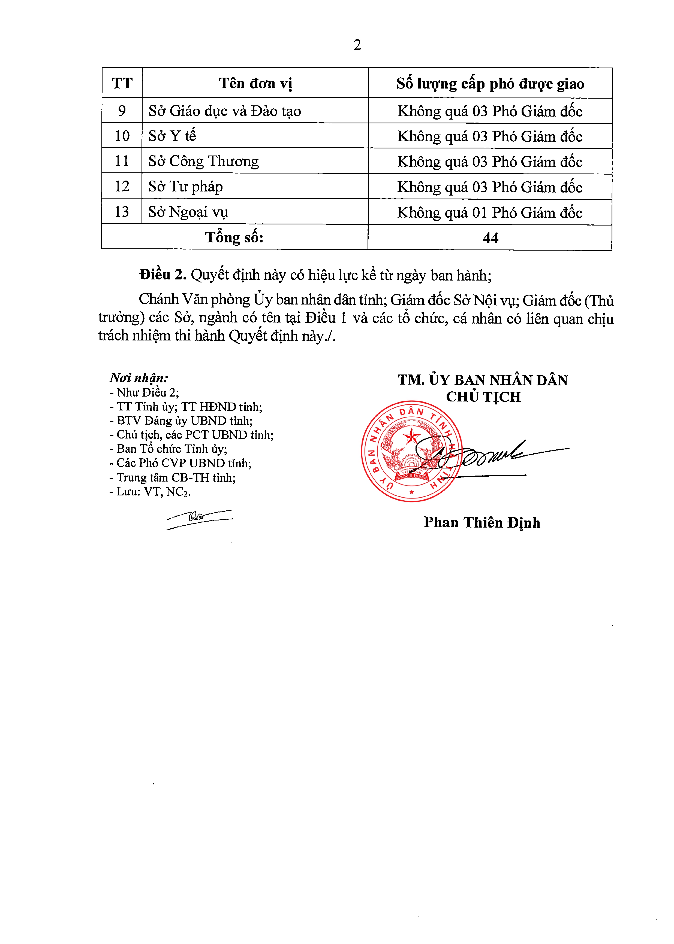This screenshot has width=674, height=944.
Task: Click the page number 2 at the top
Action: coord(357,45)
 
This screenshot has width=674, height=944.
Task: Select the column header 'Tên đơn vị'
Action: coord(255,83)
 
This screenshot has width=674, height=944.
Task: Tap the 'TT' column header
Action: coord(122,83)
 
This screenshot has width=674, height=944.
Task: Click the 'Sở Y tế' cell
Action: coord(172,136)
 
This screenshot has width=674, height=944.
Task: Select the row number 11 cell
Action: coord(122,161)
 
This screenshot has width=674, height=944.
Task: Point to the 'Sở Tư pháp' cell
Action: coord(185,187)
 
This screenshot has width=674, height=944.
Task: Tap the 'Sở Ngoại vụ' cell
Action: coord(188,212)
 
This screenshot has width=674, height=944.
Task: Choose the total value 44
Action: coord(490,238)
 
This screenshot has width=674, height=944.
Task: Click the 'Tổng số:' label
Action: coord(234,237)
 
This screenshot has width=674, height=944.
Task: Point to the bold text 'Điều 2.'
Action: coord(163,275)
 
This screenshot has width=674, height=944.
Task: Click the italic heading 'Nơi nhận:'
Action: coord(139,378)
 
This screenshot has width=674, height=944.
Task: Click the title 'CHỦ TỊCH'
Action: coord(483,397)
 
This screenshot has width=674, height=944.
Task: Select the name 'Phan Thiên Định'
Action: coord(482,522)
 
